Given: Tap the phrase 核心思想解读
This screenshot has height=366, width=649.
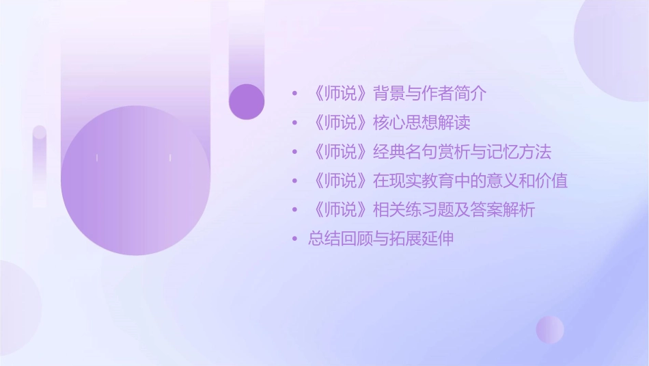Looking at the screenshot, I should click(x=422, y=123).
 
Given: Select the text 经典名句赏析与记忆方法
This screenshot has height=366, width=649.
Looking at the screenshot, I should click(x=462, y=152).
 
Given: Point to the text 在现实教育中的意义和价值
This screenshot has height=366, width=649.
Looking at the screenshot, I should click(x=470, y=181).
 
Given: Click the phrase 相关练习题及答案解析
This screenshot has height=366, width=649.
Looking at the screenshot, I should click(x=454, y=210).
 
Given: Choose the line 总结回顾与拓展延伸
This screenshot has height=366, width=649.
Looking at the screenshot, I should click(x=381, y=239).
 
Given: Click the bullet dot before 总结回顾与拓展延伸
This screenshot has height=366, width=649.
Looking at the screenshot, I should click(x=294, y=239).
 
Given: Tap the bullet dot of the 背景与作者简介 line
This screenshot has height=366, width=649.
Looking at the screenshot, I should click(x=294, y=94).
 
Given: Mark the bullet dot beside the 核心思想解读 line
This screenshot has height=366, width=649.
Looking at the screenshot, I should click(x=294, y=123).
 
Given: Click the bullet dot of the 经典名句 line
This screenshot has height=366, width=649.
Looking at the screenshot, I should click(x=294, y=152).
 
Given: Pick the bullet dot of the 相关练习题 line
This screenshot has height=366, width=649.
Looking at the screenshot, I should click(x=294, y=210).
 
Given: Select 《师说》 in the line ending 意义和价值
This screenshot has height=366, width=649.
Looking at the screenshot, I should click(x=339, y=181).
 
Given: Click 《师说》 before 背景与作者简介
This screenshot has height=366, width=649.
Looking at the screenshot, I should click(x=339, y=94).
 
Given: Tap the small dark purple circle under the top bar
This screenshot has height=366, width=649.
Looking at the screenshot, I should click(x=247, y=101).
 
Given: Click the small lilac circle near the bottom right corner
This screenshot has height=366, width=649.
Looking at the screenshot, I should click(x=550, y=329).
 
